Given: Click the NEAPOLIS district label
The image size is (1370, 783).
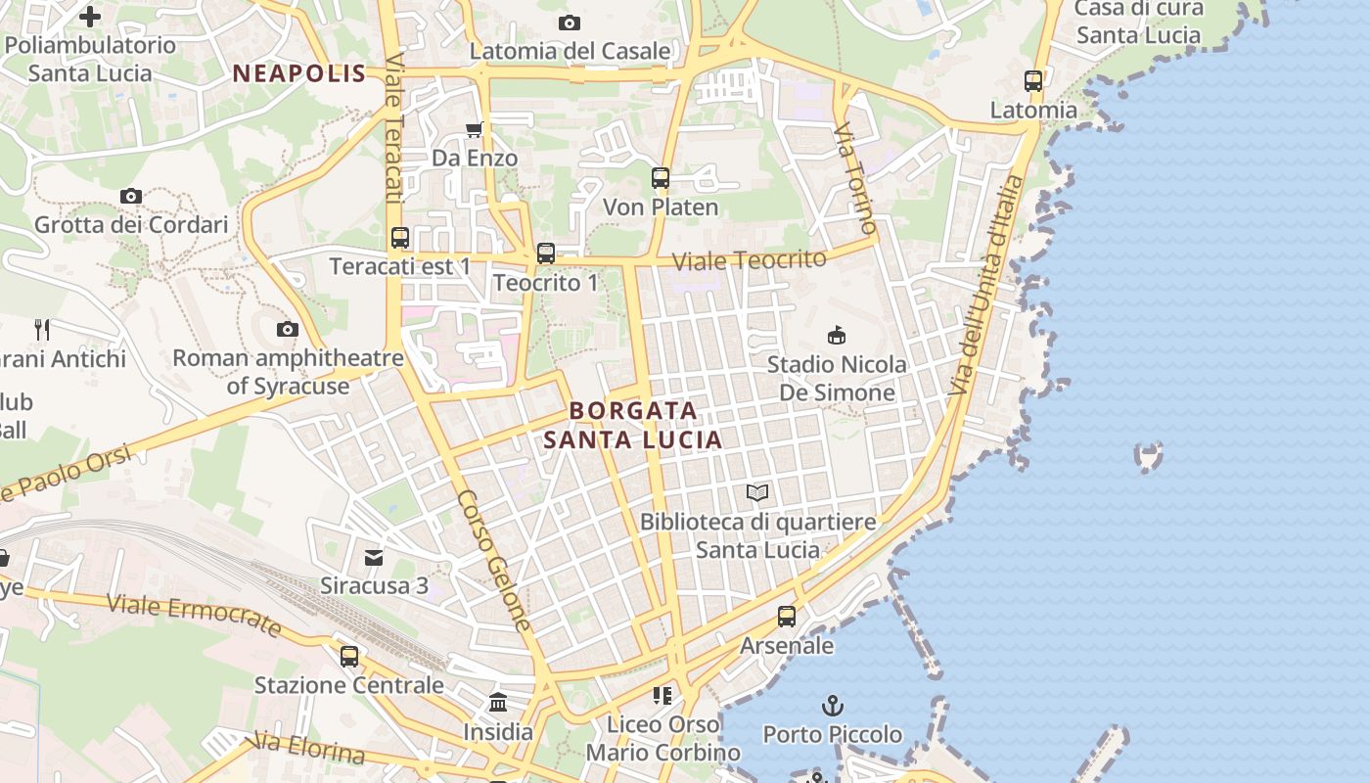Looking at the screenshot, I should [299, 73].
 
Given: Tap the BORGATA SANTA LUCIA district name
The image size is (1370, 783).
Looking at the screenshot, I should [633, 425].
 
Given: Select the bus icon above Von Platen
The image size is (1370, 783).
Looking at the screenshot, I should [661, 178].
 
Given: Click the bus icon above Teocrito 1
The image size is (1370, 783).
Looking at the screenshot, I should [546, 253].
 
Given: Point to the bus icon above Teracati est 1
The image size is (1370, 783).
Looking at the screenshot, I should [399, 237].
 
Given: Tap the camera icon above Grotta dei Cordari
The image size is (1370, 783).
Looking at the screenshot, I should [131, 196].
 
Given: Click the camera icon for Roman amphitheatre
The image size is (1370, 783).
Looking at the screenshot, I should [288, 329].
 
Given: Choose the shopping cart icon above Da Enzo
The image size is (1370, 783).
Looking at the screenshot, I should [475, 129].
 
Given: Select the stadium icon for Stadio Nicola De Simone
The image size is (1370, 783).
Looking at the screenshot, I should [837, 336].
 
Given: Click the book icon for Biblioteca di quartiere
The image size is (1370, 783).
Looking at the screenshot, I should [757, 492].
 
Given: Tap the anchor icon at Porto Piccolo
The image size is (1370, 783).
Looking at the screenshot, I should [832, 705].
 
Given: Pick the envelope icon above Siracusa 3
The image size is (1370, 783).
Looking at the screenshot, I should [374, 558].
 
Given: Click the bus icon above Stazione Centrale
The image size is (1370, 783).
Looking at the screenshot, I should [349, 656].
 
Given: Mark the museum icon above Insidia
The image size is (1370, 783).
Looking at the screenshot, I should [498, 703].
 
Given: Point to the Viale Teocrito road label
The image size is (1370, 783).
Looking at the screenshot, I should [750, 260].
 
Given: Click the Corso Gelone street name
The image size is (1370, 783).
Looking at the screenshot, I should [495, 561].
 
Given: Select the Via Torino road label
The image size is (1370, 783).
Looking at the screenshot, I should [856, 179].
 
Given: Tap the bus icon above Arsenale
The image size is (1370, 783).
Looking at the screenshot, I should [787, 617].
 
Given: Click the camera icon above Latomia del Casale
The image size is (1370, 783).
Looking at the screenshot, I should [570, 23].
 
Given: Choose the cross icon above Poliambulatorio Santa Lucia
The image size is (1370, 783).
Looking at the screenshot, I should [90, 17].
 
